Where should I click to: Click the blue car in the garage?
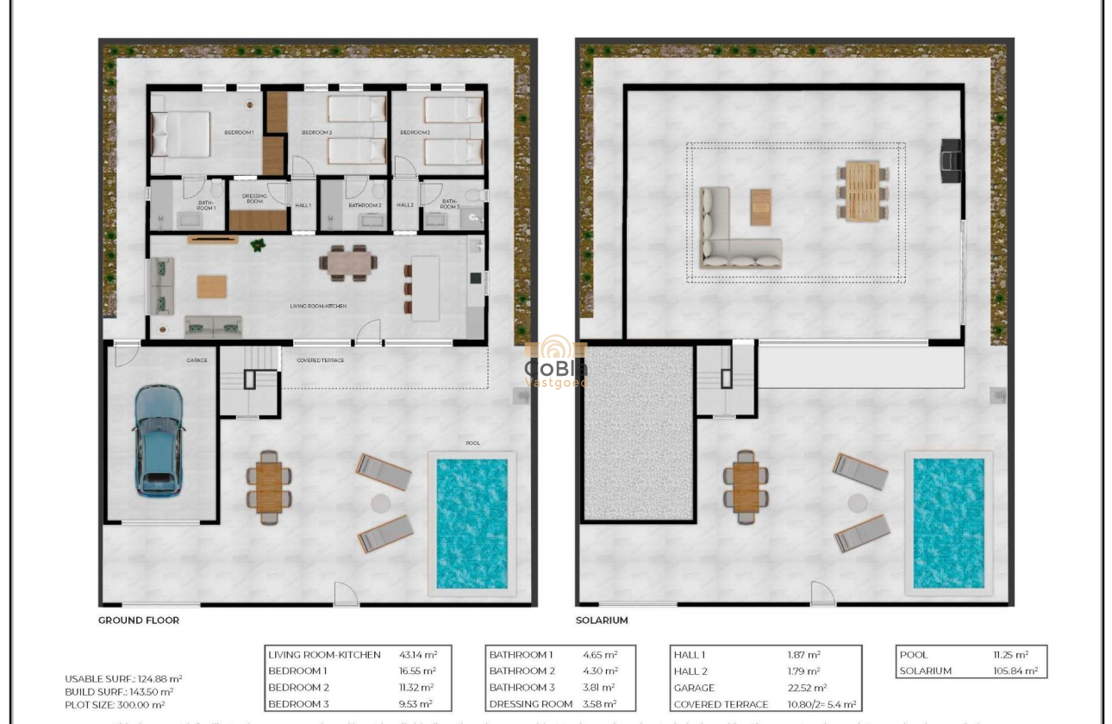click(159, 440)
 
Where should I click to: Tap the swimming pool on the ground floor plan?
click(472, 522)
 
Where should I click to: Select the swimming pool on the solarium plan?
click(948, 522)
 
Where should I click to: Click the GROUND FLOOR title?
click(139, 620)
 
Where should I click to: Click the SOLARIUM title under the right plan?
click(602, 620)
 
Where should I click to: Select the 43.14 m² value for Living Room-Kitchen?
click(417, 655)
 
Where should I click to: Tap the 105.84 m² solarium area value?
click(1015, 671)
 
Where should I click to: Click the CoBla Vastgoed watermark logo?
click(556, 362)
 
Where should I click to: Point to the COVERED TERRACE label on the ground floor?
click(320, 360)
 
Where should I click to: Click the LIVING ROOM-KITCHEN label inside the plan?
click(318, 306)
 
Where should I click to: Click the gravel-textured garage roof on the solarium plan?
click(639, 432)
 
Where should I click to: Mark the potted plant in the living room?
click(257, 246)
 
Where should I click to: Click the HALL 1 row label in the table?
click(690, 655)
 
